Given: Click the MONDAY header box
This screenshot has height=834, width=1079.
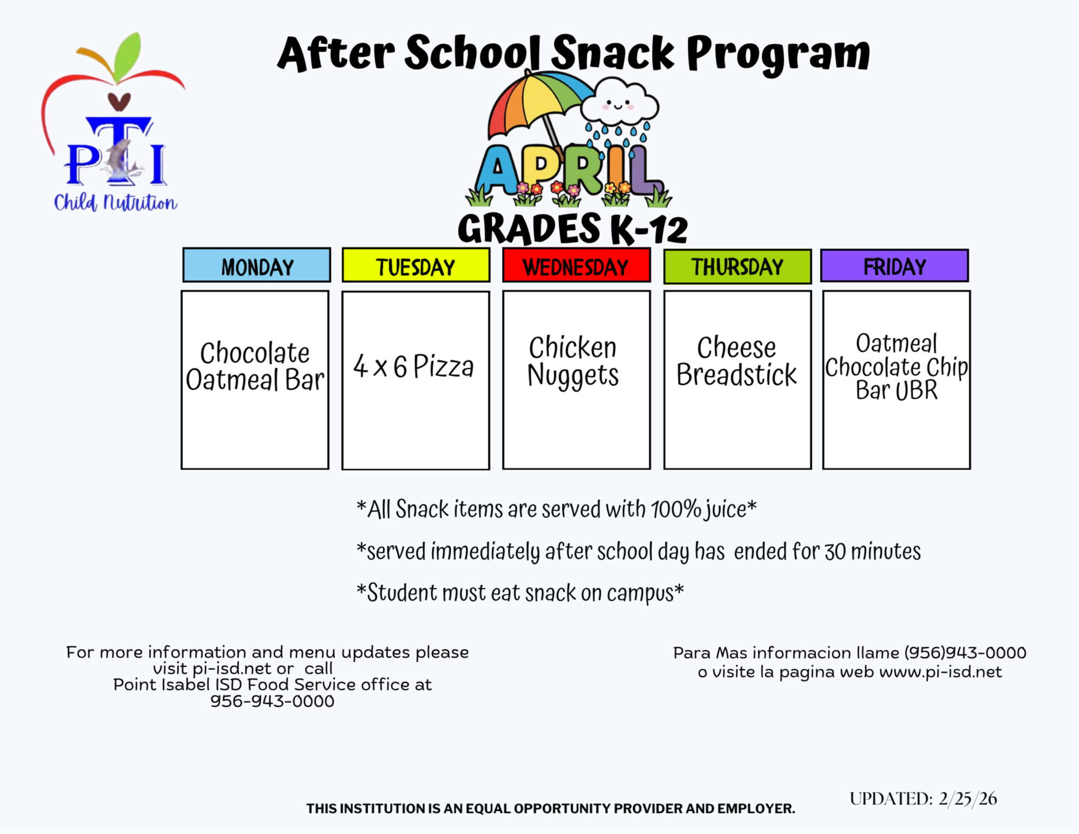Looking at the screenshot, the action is point(256,265).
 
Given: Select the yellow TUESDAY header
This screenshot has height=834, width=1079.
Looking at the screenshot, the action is point(416,265).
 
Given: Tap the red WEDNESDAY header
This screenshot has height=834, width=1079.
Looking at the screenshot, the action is point(576,265).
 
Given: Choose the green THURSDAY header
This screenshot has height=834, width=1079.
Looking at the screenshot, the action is point(737,266).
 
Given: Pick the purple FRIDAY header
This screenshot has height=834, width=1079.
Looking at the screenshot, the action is point(894,265).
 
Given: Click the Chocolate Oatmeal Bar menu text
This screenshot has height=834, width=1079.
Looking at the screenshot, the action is point(255,367).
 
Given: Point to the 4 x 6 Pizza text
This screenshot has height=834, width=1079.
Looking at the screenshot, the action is point(413,367).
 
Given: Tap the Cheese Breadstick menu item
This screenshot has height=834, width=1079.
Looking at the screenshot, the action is point(736,361).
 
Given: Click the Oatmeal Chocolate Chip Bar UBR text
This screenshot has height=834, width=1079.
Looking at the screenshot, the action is point(897,367).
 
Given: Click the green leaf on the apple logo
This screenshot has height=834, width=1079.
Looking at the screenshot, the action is point(127,55).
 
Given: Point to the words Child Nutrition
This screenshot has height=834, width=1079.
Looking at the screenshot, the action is point(116,202).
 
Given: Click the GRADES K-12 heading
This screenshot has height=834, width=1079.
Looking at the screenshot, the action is point(573,228).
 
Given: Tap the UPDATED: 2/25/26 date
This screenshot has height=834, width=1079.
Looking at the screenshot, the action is point(923,798).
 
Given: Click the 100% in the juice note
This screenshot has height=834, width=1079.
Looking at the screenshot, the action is point(675,509).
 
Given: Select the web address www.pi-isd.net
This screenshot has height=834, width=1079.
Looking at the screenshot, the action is point(940,672).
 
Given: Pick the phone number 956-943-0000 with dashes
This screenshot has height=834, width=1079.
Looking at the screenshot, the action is point(273,701).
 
